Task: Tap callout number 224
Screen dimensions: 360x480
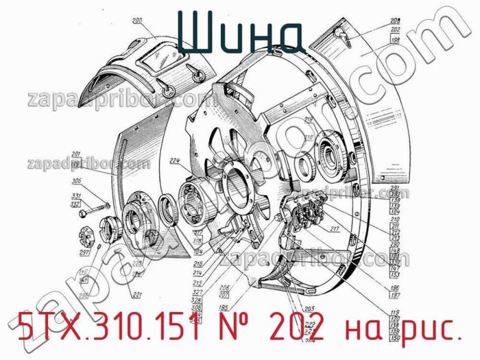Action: [175, 160]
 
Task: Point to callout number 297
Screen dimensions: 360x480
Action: [84, 252]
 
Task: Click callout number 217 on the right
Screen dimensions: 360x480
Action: [334, 228]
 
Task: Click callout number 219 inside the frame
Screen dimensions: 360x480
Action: [308, 121]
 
